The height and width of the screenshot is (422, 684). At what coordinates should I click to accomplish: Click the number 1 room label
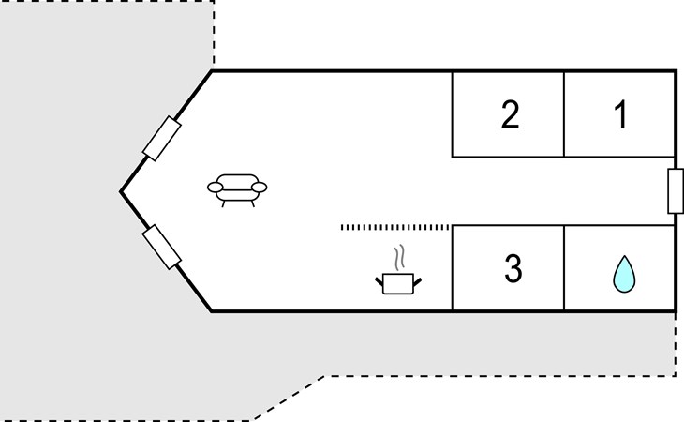coord(621,114)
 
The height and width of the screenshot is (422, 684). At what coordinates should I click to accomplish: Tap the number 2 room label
coord(511,114)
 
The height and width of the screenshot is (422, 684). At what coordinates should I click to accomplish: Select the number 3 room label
coord(513,268)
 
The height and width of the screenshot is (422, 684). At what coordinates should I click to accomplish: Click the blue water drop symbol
coord(624,274)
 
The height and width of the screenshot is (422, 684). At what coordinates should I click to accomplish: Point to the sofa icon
coord(237,189)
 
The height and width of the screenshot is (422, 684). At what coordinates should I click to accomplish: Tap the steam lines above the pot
coord(399,258)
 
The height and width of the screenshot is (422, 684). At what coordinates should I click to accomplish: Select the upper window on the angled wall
coord(162,139)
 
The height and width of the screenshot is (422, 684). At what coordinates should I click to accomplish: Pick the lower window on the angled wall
coord(162,247)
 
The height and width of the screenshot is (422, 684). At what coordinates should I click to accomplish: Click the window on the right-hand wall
coord(676,191)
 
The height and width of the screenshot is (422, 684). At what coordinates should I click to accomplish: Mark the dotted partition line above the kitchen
coord(394,227)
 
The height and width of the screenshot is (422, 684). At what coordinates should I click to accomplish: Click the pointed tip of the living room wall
coord(120,191)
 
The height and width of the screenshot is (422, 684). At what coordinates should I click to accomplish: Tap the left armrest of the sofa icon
coord(216,188)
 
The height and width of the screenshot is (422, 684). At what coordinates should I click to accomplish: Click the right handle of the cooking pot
coord(417,282)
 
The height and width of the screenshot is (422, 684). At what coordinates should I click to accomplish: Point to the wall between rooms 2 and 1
coord(564,114)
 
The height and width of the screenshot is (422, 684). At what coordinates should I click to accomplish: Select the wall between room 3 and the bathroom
coord(564,268)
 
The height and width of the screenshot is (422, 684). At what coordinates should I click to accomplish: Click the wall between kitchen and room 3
coord(453,268)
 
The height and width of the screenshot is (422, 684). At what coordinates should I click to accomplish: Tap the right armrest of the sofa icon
coord(260,188)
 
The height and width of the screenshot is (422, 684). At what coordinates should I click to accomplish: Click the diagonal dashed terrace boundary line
coord(290,398)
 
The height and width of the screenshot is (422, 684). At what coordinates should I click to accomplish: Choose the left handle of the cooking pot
coord(379,282)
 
